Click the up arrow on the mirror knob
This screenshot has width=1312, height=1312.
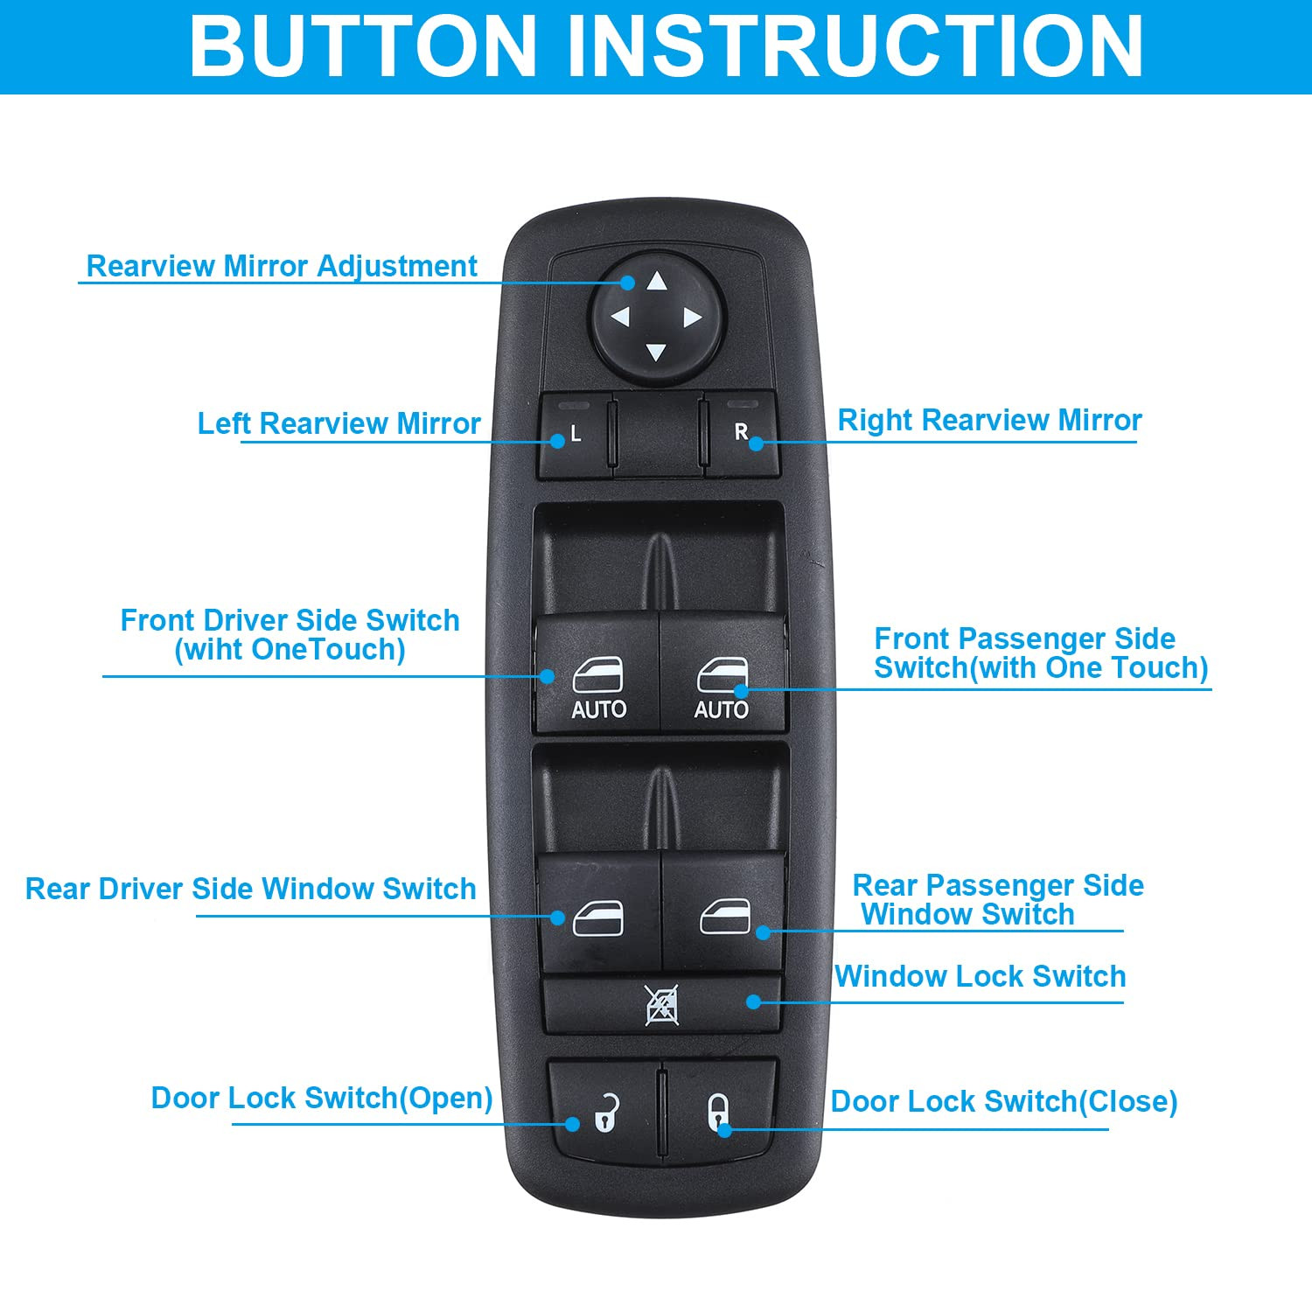click(x=657, y=282)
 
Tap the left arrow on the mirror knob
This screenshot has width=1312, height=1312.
click(x=620, y=317)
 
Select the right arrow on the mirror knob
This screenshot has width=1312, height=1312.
click(x=692, y=318)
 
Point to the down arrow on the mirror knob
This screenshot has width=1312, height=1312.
click(x=656, y=352)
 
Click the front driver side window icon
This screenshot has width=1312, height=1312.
click(x=598, y=675)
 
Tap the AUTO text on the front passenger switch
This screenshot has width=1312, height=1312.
click(x=722, y=709)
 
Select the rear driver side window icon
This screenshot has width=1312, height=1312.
click(x=598, y=918)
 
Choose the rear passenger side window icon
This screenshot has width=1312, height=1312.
click(x=725, y=917)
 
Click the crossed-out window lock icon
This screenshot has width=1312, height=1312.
click(x=662, y=1005)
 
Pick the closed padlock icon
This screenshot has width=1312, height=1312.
click(x=717, y=1112)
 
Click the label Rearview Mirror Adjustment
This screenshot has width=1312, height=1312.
click(x=282, y=266)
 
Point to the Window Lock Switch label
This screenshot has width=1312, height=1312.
click(x=980, y=976)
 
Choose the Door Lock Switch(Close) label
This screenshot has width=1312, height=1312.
click(x=1003, y=1101)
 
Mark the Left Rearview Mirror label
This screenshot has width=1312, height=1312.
click(x=338, y=423)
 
